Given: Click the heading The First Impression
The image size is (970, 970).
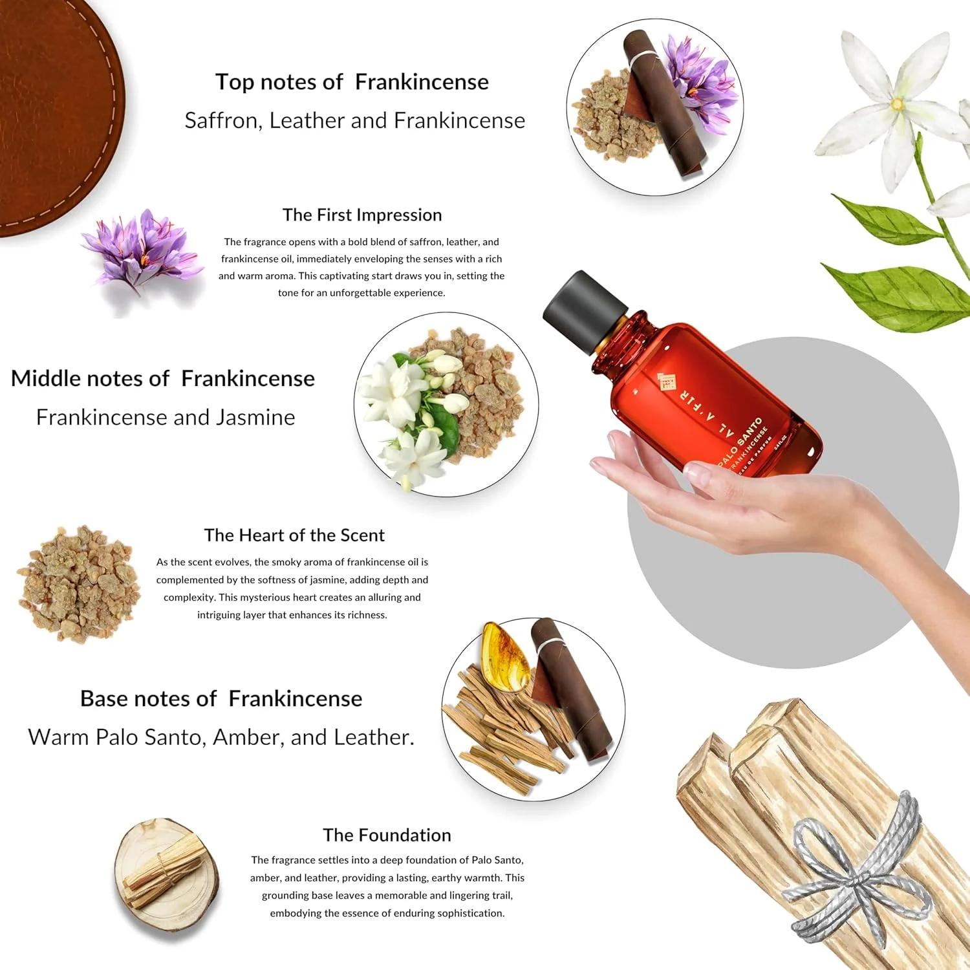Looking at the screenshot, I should [x=362, y=215].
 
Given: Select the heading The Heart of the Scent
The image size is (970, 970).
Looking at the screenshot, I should [x=294, y=535].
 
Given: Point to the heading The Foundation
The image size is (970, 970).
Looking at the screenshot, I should [x=387, y=835].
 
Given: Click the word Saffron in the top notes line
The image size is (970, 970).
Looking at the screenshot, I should [x=222, y=121].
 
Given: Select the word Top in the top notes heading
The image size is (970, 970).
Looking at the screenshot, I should [x=234, y=82].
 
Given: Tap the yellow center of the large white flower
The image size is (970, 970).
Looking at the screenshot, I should [x=898, y=103].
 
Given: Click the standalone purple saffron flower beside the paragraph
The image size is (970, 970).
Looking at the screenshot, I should [x=139, y=249].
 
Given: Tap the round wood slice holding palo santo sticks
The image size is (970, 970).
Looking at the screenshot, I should [x=166, y=873].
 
